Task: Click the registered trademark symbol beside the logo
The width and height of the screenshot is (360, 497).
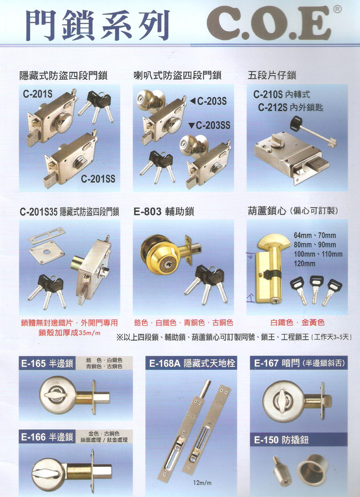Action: coord(337,10)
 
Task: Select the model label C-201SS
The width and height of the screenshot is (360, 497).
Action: coord(98,179)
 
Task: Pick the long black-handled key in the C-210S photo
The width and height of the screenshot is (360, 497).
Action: coord(313,132)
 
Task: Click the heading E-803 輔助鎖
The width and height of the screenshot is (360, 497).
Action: coord(164,211)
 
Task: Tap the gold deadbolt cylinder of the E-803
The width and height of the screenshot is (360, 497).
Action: coord(159,255)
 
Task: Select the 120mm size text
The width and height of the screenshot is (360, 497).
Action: coord(304,264)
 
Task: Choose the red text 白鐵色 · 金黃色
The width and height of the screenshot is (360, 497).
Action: coord(297,323)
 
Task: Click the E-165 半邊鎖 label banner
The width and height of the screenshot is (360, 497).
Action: coord(47,363)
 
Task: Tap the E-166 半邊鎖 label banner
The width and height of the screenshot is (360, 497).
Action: coord(47,437)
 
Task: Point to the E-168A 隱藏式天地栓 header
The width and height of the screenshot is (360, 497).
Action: coord(192,363)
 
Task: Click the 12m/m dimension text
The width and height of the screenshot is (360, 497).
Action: coord(202,483)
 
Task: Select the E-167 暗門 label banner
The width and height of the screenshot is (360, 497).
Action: coord(298,363)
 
